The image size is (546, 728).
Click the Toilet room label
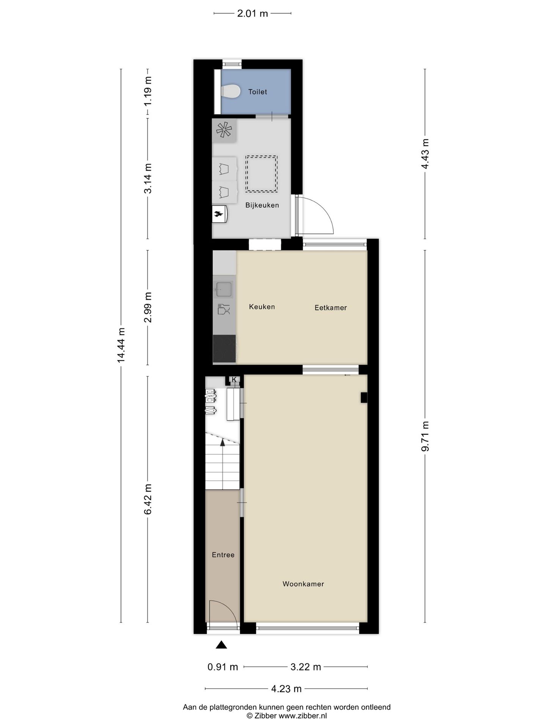tap(257, 92)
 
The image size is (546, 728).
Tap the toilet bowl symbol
tap(231, 91)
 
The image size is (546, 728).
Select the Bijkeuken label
tap(262, 205)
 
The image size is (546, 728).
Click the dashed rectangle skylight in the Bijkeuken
tap(261, 174)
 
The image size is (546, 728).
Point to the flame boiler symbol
tap(219, 214)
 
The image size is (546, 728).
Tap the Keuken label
tap(262, 307)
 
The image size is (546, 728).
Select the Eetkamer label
tap(331, 308)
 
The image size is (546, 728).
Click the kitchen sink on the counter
tap(224, 289)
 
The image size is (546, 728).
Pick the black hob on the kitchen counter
tap(224, 349)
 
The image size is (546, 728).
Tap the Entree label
tap(223, 555)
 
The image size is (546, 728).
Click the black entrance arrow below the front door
tap(221, 645)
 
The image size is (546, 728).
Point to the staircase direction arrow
tap(223, 442)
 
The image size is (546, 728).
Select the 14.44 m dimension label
tap(121, 345)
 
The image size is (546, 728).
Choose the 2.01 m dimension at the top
tap(252, 14)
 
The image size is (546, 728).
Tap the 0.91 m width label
tap(223, 667)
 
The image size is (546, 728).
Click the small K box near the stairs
tap(234, 380)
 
